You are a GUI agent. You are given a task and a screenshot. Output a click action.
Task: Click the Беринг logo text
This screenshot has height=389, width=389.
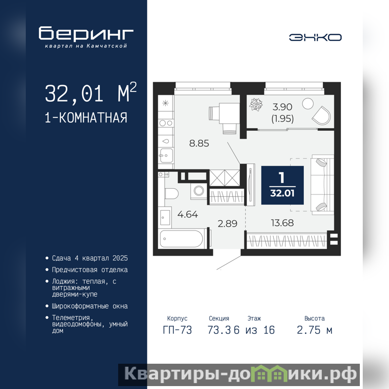click(x=86, y=33)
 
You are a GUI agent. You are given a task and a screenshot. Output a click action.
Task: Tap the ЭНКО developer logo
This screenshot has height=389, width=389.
click(x=315, y=37)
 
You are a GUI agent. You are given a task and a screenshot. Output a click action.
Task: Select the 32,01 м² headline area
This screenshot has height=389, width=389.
click(x=90, y=92)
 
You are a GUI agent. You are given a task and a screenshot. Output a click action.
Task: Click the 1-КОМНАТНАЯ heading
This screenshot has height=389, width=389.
click(x=86, y=118)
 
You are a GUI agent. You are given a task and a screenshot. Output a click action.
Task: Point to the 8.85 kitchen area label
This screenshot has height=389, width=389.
click(x=199, y=143)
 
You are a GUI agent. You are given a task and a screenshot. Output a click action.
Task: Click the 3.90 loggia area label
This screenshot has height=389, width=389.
click(x=283, y=107)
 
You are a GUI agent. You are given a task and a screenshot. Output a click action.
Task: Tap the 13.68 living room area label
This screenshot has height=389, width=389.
click(x=283, y=223)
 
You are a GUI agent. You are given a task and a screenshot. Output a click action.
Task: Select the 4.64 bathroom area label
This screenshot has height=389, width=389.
click(x=188, y=214)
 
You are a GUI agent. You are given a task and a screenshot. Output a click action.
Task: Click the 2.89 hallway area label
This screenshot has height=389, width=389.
click(x=228, y=224)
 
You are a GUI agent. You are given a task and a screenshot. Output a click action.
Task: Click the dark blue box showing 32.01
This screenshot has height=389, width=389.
click(x=283, y=185)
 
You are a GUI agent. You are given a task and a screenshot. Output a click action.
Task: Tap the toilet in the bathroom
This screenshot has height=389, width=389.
click(x=172, y=194)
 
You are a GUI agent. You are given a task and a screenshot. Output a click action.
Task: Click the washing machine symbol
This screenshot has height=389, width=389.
click(x=199, y=191)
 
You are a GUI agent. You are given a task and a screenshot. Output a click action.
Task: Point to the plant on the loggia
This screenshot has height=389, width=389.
click(x=256, y=105)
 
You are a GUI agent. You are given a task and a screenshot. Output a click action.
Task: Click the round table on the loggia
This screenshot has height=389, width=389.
click(x=308, y=104)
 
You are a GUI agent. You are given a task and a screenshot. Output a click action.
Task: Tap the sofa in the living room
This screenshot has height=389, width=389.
click(x=322, y=184)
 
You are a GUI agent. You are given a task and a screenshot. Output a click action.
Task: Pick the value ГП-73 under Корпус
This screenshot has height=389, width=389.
click(x=177, y=330)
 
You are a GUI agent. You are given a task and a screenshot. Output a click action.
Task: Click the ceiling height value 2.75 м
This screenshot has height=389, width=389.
click(x=314, y=330)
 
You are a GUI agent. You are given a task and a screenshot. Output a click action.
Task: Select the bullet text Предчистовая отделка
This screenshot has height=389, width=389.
click(x=90, y=270)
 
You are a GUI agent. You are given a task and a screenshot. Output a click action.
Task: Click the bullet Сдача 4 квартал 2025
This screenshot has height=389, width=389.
click(x=90, y=258)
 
